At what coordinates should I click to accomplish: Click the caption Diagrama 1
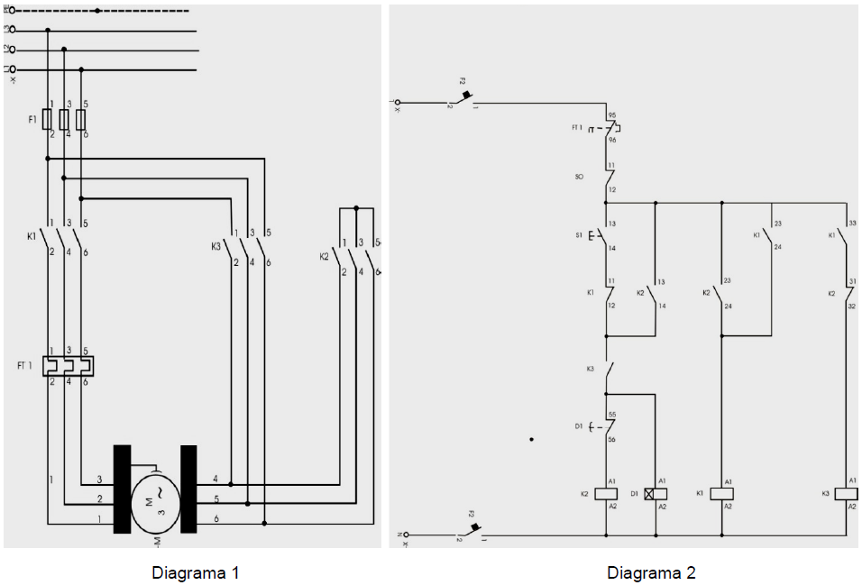coord(196,572)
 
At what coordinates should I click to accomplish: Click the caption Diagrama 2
coord(651,572)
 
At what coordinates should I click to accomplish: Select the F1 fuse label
coord(33,119)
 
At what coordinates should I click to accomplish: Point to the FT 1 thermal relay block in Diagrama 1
coord(69,366)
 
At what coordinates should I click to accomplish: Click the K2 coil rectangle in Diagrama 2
coord(605,494)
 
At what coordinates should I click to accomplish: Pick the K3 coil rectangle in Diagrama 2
coord(848,494)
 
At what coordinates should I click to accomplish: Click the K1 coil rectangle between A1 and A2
coord(722,494)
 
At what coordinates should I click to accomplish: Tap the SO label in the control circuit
coord(579,178)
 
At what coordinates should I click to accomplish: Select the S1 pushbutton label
coord(579,236)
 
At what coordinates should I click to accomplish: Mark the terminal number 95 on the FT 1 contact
coord(612,116)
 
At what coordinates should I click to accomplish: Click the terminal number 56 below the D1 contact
coord(612,439)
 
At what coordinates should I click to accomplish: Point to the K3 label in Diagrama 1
coord(215,245)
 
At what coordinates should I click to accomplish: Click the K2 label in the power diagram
coord(324,256)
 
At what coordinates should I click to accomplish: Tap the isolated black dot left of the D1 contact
coord(532,439)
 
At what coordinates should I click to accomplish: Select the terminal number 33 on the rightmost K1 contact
coord(853,223)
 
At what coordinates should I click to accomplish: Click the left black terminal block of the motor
coord(122,489)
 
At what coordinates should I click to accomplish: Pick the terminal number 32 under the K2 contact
coord(853,306)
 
